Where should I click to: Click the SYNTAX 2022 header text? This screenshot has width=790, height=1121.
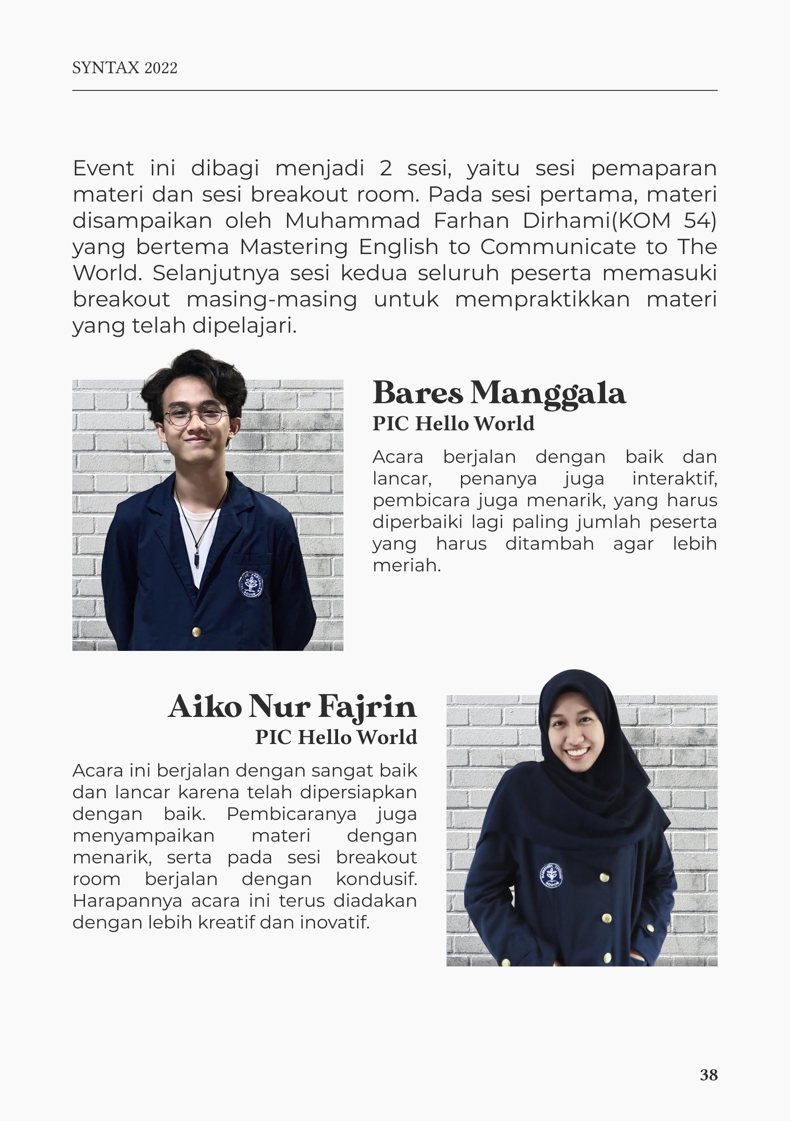coord(124,68)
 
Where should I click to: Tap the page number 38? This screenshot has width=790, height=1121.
coord(709,1074)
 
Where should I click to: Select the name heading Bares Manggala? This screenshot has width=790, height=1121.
coord(498,394)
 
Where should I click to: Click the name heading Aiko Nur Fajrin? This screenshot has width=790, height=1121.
coord(292,707)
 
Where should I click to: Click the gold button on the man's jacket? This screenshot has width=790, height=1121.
coord(196,632)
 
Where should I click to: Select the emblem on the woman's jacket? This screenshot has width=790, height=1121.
coord(552,876)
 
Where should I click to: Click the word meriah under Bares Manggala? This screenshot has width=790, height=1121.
coord(407,565)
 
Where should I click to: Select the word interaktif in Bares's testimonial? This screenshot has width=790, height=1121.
coord(674,479)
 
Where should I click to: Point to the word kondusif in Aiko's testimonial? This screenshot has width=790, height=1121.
coord(376,879)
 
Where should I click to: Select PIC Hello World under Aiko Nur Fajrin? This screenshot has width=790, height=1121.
coord(336,737)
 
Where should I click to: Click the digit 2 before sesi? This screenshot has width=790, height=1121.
coord(386,169)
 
